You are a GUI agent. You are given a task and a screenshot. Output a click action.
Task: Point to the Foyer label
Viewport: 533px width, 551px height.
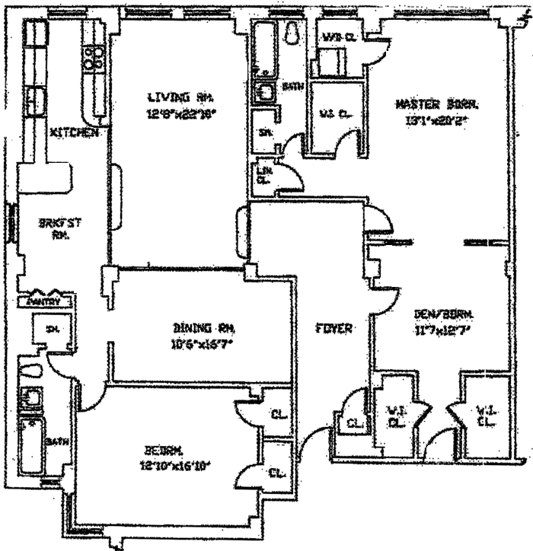click(334, 329)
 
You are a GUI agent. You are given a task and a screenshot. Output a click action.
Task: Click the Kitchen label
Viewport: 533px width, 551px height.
click(74, 132)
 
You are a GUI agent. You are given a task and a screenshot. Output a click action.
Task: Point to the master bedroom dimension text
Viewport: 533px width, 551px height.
click(439, 119)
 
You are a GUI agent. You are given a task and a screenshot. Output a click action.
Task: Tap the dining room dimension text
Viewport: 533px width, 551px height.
click(203, 344)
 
